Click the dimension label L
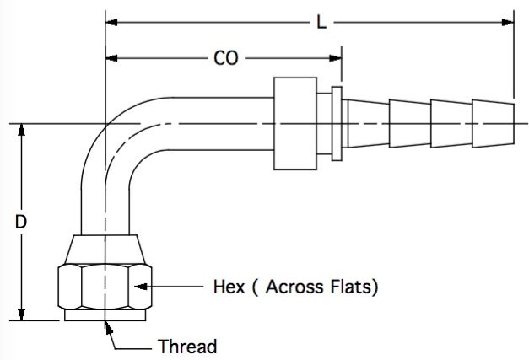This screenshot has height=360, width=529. click(321, 23)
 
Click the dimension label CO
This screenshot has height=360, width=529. click(226, 58)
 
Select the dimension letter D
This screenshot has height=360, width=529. click(21, 222)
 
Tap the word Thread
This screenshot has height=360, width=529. click(187, 347)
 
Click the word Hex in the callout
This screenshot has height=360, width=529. click(229, 287)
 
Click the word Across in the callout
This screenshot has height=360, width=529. click(294, 287)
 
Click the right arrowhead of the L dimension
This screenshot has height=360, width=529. click(507, 23)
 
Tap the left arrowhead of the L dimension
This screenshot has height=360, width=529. click(111, 23)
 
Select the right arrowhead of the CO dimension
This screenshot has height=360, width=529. click(335, 58)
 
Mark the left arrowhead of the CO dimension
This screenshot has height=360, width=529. click(111, 58)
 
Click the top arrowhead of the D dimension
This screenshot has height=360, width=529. click(22, 130)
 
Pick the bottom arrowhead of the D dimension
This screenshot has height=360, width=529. click(22, 314)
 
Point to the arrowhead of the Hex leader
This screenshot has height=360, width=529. click(141, 287)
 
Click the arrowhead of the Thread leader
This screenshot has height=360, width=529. click(108, 328)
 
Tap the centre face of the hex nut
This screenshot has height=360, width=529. click(105, 287)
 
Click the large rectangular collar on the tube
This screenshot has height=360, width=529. click(295, 124)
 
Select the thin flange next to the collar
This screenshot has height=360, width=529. click(337, 124)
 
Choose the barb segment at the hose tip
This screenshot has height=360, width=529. click(493, 124)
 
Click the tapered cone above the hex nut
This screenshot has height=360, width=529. click(105, 249)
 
